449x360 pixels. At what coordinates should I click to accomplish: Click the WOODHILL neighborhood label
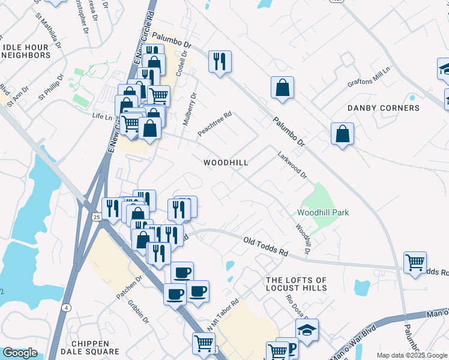click(226, 163)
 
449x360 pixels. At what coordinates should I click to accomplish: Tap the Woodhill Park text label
click(323, 212)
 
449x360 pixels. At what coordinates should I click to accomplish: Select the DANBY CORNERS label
click(384, 108)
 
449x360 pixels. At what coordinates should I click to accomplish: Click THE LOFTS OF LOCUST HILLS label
click(297, 284)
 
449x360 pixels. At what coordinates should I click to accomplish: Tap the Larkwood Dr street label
click(292, 165)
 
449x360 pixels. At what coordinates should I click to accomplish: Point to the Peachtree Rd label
click(214, 123)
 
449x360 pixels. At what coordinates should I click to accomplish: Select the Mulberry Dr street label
click(189, 108)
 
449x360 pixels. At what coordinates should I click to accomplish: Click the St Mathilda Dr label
click(48, 30)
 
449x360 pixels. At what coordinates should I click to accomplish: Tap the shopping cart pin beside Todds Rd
click(415, 262)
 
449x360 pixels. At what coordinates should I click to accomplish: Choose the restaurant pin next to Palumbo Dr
click(220, 61)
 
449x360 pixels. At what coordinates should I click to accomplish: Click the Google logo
click(20, 353)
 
